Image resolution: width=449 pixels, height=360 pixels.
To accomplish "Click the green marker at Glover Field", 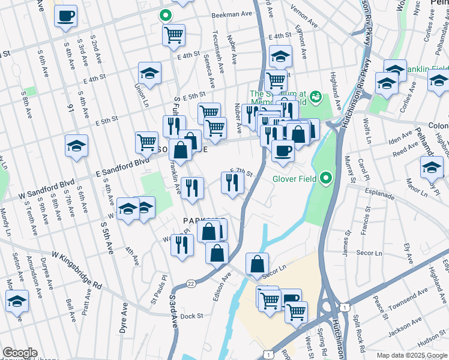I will [x=325, y=178].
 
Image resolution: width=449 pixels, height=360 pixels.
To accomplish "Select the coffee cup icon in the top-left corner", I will [x=65, y=16].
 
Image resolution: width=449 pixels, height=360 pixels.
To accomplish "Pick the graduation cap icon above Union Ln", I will [x=149, y=74].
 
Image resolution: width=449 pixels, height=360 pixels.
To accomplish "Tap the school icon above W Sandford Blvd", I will [x=76, y=146].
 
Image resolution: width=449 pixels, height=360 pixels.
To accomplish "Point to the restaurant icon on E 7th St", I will [x=232, y=182].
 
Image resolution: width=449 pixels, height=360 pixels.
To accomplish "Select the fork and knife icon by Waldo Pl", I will [x=182, y=244].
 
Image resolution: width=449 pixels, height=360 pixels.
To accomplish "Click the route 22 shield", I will [x=190, y=283].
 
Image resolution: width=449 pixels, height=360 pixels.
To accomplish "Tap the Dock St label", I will [x=192, y=316].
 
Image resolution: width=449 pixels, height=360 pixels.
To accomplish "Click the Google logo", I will [x=20, y=352].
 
